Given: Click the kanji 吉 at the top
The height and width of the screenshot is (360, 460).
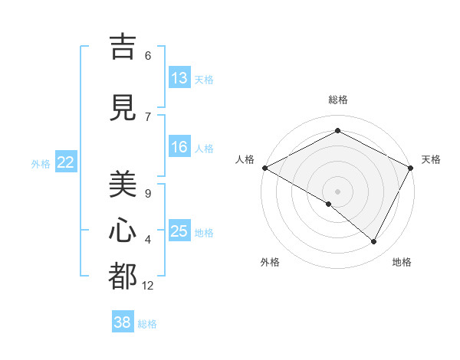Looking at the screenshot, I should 123,47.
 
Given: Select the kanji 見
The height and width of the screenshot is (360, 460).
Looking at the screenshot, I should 123,107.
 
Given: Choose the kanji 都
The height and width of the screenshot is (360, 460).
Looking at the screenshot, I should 123,277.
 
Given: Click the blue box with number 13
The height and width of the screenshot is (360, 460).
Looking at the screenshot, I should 179,78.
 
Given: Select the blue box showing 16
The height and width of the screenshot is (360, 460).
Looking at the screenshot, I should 179,147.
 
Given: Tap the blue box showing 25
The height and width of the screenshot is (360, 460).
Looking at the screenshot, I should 179,231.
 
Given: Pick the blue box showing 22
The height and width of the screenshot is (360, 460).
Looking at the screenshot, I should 66,162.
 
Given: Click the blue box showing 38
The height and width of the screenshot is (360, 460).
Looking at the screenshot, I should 123,322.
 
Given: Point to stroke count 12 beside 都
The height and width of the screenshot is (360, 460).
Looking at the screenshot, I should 148,285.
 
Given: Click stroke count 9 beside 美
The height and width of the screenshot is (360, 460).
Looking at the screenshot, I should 148,193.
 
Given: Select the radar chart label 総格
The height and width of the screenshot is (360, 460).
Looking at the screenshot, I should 338,100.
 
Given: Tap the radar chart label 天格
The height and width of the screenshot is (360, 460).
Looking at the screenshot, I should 431,159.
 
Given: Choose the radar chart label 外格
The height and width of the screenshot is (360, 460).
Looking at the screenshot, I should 270,262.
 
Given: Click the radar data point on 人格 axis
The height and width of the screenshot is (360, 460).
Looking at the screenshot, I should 264,168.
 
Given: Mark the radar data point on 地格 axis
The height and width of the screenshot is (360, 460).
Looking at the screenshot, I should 374,241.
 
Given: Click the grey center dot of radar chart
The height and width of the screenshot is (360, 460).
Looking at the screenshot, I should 338,191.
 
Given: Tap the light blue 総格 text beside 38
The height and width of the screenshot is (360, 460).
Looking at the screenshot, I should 147,324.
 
